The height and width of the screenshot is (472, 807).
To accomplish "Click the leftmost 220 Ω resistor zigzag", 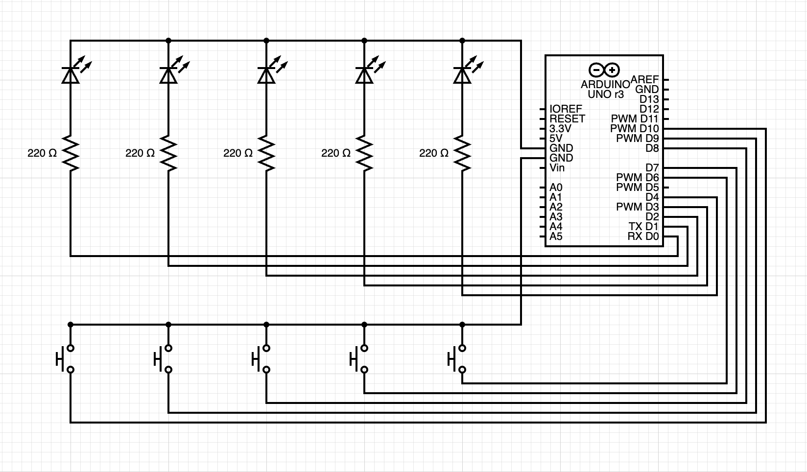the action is (71, 153).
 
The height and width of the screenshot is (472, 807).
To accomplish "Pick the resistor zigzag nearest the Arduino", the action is (462, 153).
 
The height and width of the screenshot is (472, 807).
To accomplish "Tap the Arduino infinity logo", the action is (604, 70).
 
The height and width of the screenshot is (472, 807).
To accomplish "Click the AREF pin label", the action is (644, 79).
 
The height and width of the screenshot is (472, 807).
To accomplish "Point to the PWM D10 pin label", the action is (635, 129).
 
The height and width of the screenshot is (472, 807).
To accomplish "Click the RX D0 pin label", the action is (643, 236).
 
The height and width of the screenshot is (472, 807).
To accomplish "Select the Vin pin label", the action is (557, 168).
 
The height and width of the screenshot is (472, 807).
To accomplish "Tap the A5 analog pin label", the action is (556, 236).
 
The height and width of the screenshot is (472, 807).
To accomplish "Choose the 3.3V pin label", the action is (560, 129).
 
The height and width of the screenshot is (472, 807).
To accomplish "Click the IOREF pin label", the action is (566, 109).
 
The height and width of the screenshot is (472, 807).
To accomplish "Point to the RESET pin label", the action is (568, 118).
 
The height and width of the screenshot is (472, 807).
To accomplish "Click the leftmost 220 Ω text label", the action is (42, 153).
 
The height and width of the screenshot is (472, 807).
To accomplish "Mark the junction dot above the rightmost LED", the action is (462, 41).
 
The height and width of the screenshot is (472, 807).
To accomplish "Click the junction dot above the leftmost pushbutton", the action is (71, 325).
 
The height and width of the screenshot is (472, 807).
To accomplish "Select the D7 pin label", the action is (652, 168).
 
